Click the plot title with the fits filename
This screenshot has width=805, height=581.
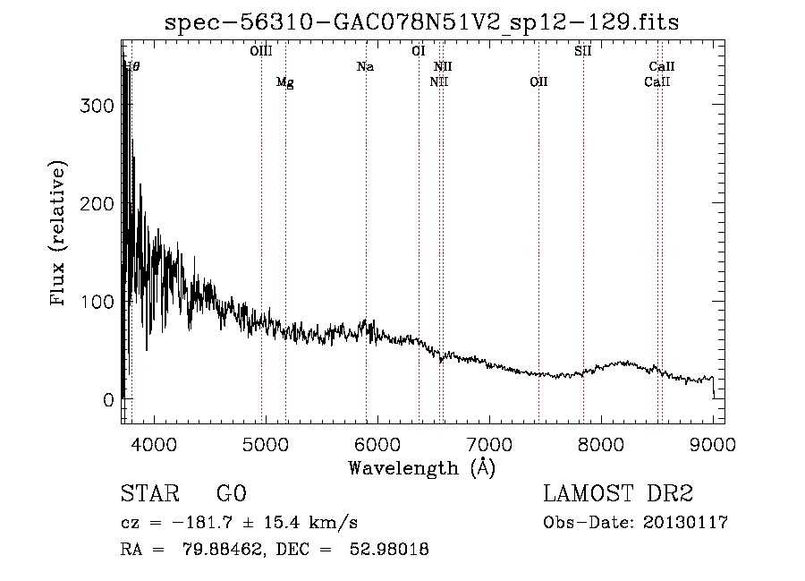(422, 22)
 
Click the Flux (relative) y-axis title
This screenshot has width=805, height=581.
(60, 235)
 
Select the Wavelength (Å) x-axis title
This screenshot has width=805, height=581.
(421, 467)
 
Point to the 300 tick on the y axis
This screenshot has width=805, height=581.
(97, 106)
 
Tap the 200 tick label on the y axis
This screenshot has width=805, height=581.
(97, 203)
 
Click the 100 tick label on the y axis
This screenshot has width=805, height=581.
(97, 302)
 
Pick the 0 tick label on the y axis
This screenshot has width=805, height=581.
(108, 400)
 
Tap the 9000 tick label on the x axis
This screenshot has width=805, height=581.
(713, 443)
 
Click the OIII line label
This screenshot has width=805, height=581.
(261, 52)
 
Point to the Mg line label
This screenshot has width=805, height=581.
(284, 82)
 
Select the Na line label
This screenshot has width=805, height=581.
(365, 66)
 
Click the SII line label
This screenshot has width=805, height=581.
(583, 52)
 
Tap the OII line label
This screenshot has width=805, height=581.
(538, 82)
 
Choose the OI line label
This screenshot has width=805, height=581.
(419, 52)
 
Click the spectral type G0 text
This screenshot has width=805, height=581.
(231, 494)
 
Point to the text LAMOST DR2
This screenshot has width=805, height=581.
(618, 494)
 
